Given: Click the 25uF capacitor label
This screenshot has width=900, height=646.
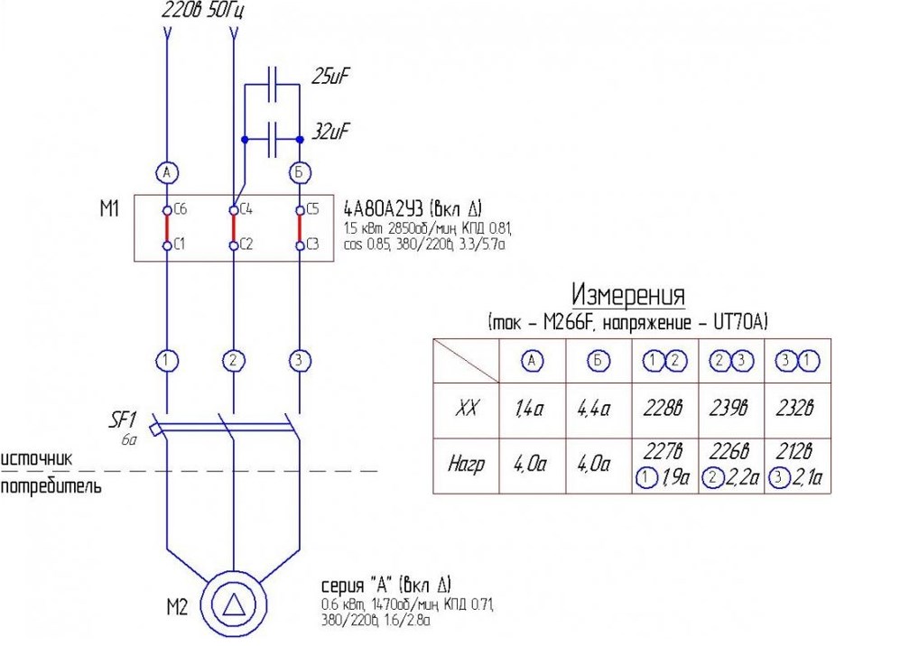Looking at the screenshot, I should point(330,77).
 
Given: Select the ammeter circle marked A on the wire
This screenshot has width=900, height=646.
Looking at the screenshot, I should point(166,171).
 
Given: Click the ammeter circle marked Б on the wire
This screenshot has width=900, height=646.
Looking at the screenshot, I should point(300,171).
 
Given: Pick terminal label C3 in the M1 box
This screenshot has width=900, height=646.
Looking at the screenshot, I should point(312,244).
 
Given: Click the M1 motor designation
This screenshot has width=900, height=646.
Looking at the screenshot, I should point(109,210).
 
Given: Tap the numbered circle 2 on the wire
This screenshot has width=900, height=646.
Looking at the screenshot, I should point(233,361).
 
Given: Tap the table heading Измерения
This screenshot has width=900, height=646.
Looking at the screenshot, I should point(628,295).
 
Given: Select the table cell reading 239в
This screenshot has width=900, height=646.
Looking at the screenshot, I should point(729,408).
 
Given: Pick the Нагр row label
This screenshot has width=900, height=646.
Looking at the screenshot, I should point(466,466).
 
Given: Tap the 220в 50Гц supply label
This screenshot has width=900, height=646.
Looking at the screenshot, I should point(203,12).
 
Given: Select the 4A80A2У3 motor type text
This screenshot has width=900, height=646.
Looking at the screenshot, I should point(397,209).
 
